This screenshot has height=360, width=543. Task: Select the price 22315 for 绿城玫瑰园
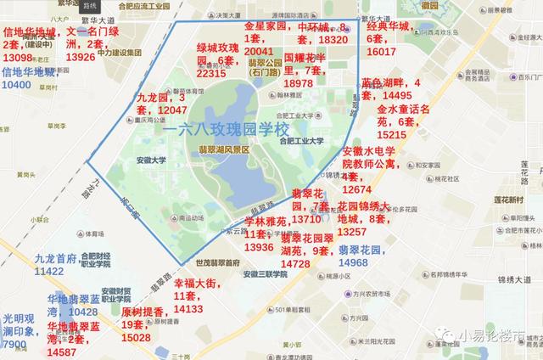[x=211, y=74]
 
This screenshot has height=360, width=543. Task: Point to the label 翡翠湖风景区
[x=223, y=149]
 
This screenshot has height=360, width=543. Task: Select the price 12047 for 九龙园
[x=167, y=110]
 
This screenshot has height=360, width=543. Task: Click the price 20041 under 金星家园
[x=259, y=51]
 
